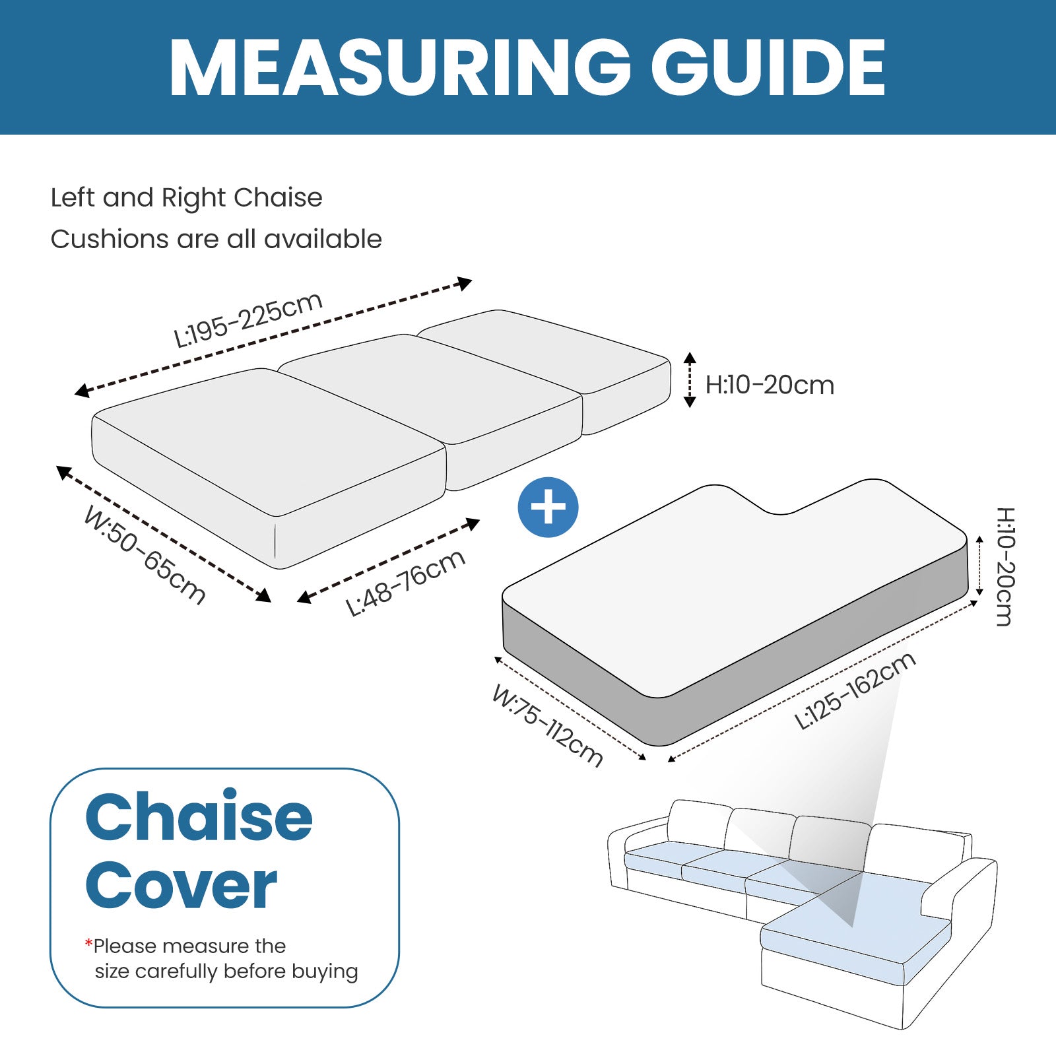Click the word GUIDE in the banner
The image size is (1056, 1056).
[768, 67]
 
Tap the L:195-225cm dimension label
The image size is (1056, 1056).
[248, 319]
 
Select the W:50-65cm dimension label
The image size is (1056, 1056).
[145, 555]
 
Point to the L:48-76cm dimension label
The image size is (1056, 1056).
[406, 583]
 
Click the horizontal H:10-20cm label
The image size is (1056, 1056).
[770, 385]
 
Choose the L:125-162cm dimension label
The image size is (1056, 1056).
[855, 690]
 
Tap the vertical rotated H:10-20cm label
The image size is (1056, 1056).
[1005, 566]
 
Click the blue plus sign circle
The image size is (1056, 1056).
[548, 508]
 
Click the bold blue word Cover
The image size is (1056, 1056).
[181, 886]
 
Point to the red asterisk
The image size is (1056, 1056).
[88, 943]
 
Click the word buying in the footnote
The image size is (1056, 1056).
[325, 972]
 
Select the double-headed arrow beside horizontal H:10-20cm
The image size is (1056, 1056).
[690, 379]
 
